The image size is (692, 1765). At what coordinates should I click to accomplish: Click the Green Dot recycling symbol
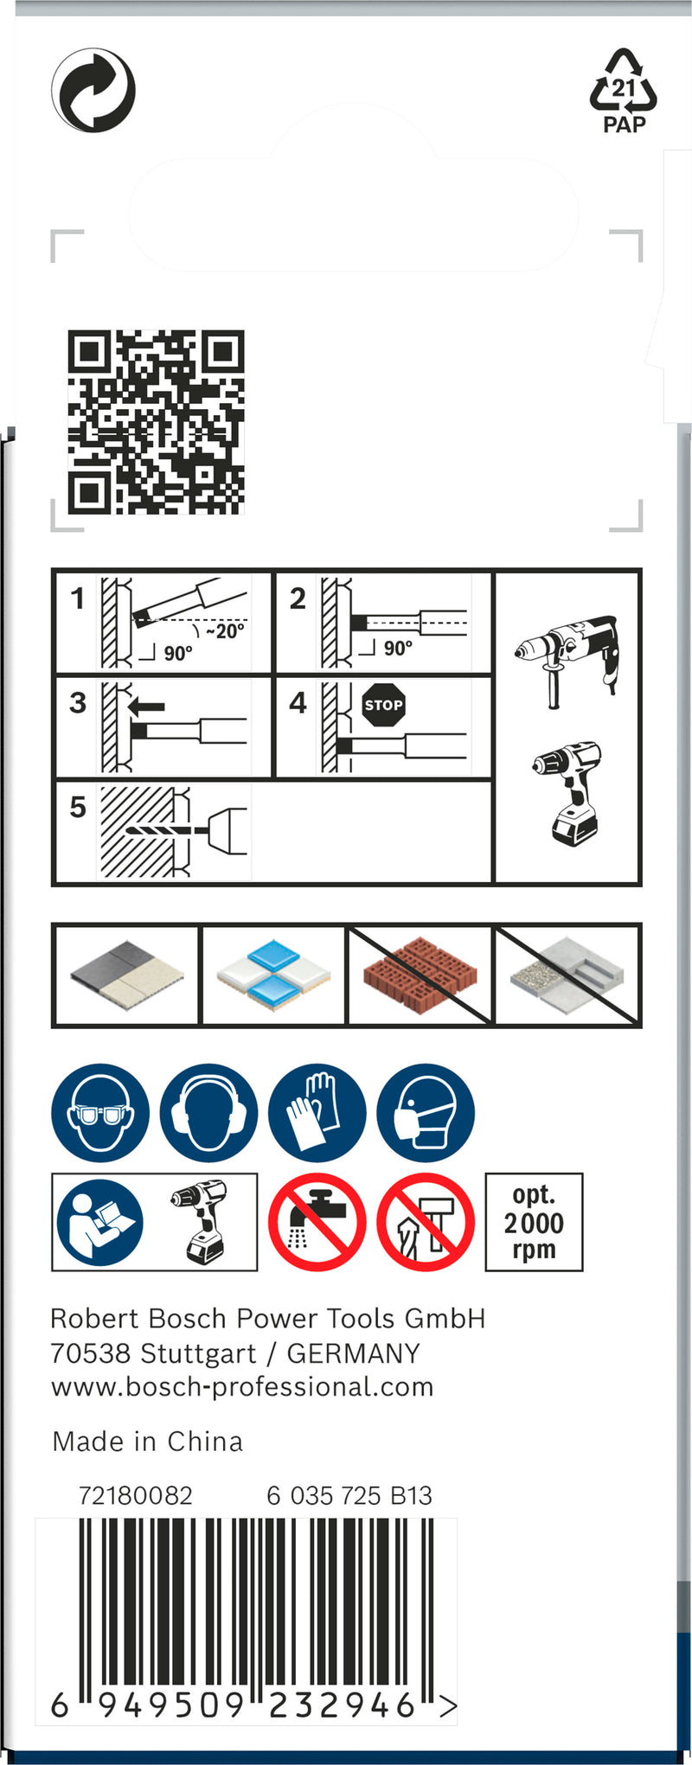(93, 90)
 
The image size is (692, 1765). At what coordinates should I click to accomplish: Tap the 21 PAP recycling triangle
(624, 91)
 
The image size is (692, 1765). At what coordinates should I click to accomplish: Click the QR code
(156, 421)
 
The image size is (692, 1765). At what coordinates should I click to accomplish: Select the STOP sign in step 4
(383, 704)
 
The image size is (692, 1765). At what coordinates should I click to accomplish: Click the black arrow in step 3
(145, 707)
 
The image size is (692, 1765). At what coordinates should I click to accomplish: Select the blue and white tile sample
(273, 976)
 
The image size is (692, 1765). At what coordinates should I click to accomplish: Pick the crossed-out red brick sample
(420, 975)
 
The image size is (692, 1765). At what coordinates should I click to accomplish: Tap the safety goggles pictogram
(100, 1112)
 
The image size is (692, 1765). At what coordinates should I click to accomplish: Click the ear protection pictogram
(208, 1112)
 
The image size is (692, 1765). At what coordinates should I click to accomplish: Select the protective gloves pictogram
(317, 1112)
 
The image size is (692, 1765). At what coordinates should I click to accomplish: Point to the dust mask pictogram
(425, 1112)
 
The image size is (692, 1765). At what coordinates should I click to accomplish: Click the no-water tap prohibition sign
(317, 1222)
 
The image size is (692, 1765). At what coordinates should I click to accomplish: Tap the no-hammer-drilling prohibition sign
(425, 1222)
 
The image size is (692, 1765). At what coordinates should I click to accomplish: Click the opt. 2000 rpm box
(534, 1222)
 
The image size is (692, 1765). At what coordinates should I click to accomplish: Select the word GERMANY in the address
(353, 1353)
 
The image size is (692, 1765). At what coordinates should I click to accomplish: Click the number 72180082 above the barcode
(136, 1495)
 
